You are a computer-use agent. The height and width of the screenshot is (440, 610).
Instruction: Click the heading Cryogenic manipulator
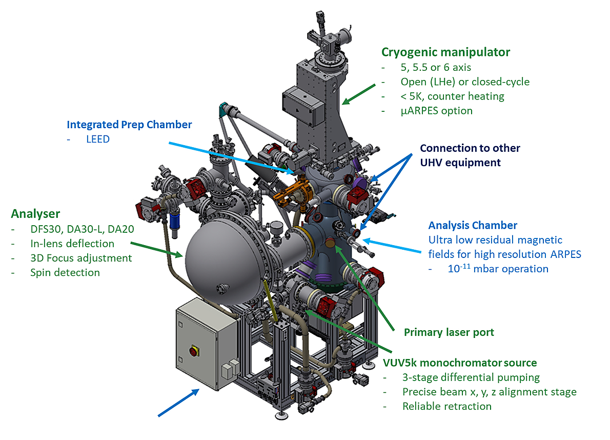pos(445,52)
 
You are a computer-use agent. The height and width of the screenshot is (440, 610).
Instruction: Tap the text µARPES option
pos(437,110)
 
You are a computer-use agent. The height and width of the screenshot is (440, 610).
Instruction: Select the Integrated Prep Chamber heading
pos(129,124)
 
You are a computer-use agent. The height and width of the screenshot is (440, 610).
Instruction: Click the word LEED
pos(98,139)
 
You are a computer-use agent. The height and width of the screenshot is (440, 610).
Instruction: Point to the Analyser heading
pos(35,213)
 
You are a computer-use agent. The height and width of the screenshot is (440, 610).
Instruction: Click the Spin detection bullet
pos(65,272)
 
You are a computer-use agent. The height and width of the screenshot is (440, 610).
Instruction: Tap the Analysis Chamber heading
pos(473,225)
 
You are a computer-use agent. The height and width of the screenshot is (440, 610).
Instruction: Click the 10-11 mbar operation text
pos(497,269)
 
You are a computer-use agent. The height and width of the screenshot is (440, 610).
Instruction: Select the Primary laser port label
pos(449,332)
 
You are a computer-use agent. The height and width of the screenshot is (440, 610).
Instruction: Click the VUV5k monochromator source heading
pos(460,363)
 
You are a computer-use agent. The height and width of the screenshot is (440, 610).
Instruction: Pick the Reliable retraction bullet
pos(446,406)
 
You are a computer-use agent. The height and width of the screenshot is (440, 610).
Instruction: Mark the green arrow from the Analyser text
pos(156,248)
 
